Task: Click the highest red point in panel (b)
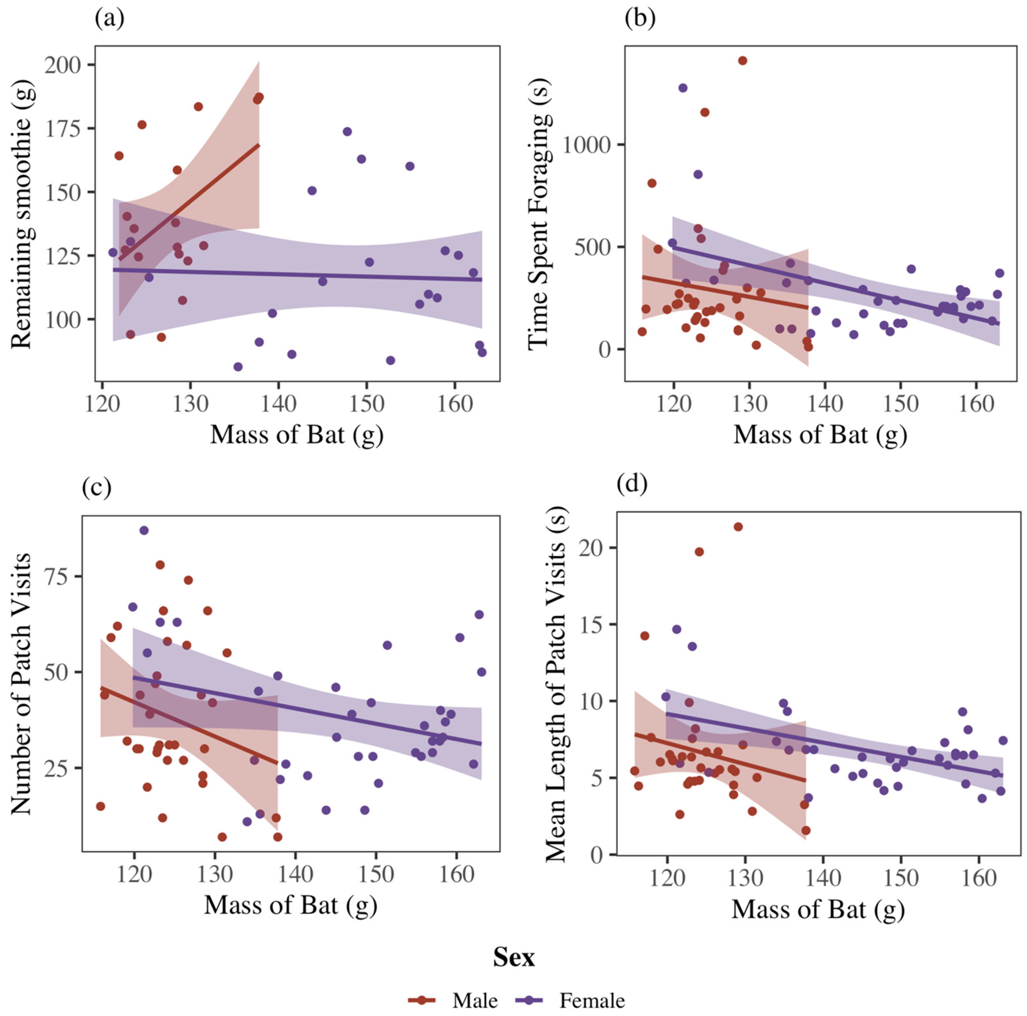coord(743,61)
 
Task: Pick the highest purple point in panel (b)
coord(683,88)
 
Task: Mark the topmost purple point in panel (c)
coord(143,530)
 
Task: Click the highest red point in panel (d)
coord(738,527)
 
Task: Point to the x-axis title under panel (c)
coord(291,905)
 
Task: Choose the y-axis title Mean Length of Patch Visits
coord(555,686)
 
